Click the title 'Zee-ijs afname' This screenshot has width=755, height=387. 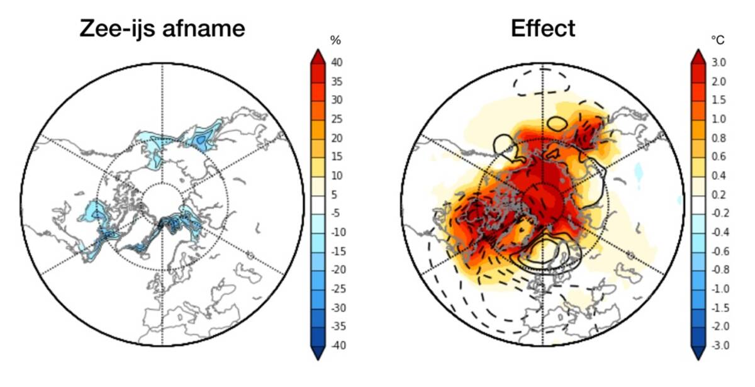(162, 28)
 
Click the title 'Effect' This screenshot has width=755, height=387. (543, 28)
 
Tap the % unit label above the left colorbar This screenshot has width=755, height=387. (336, 41)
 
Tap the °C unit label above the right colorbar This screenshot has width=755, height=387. (717, 40)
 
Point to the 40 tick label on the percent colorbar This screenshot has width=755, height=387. (338, 62)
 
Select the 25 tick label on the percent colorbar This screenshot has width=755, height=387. (338, 119)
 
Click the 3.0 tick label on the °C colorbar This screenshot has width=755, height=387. (719, 62)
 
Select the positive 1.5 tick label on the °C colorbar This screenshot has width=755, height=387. (719, 100)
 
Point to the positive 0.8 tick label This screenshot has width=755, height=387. (719, 138)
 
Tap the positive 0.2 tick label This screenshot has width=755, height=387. (719, 194)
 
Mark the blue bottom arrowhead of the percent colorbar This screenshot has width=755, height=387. (318, 352)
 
